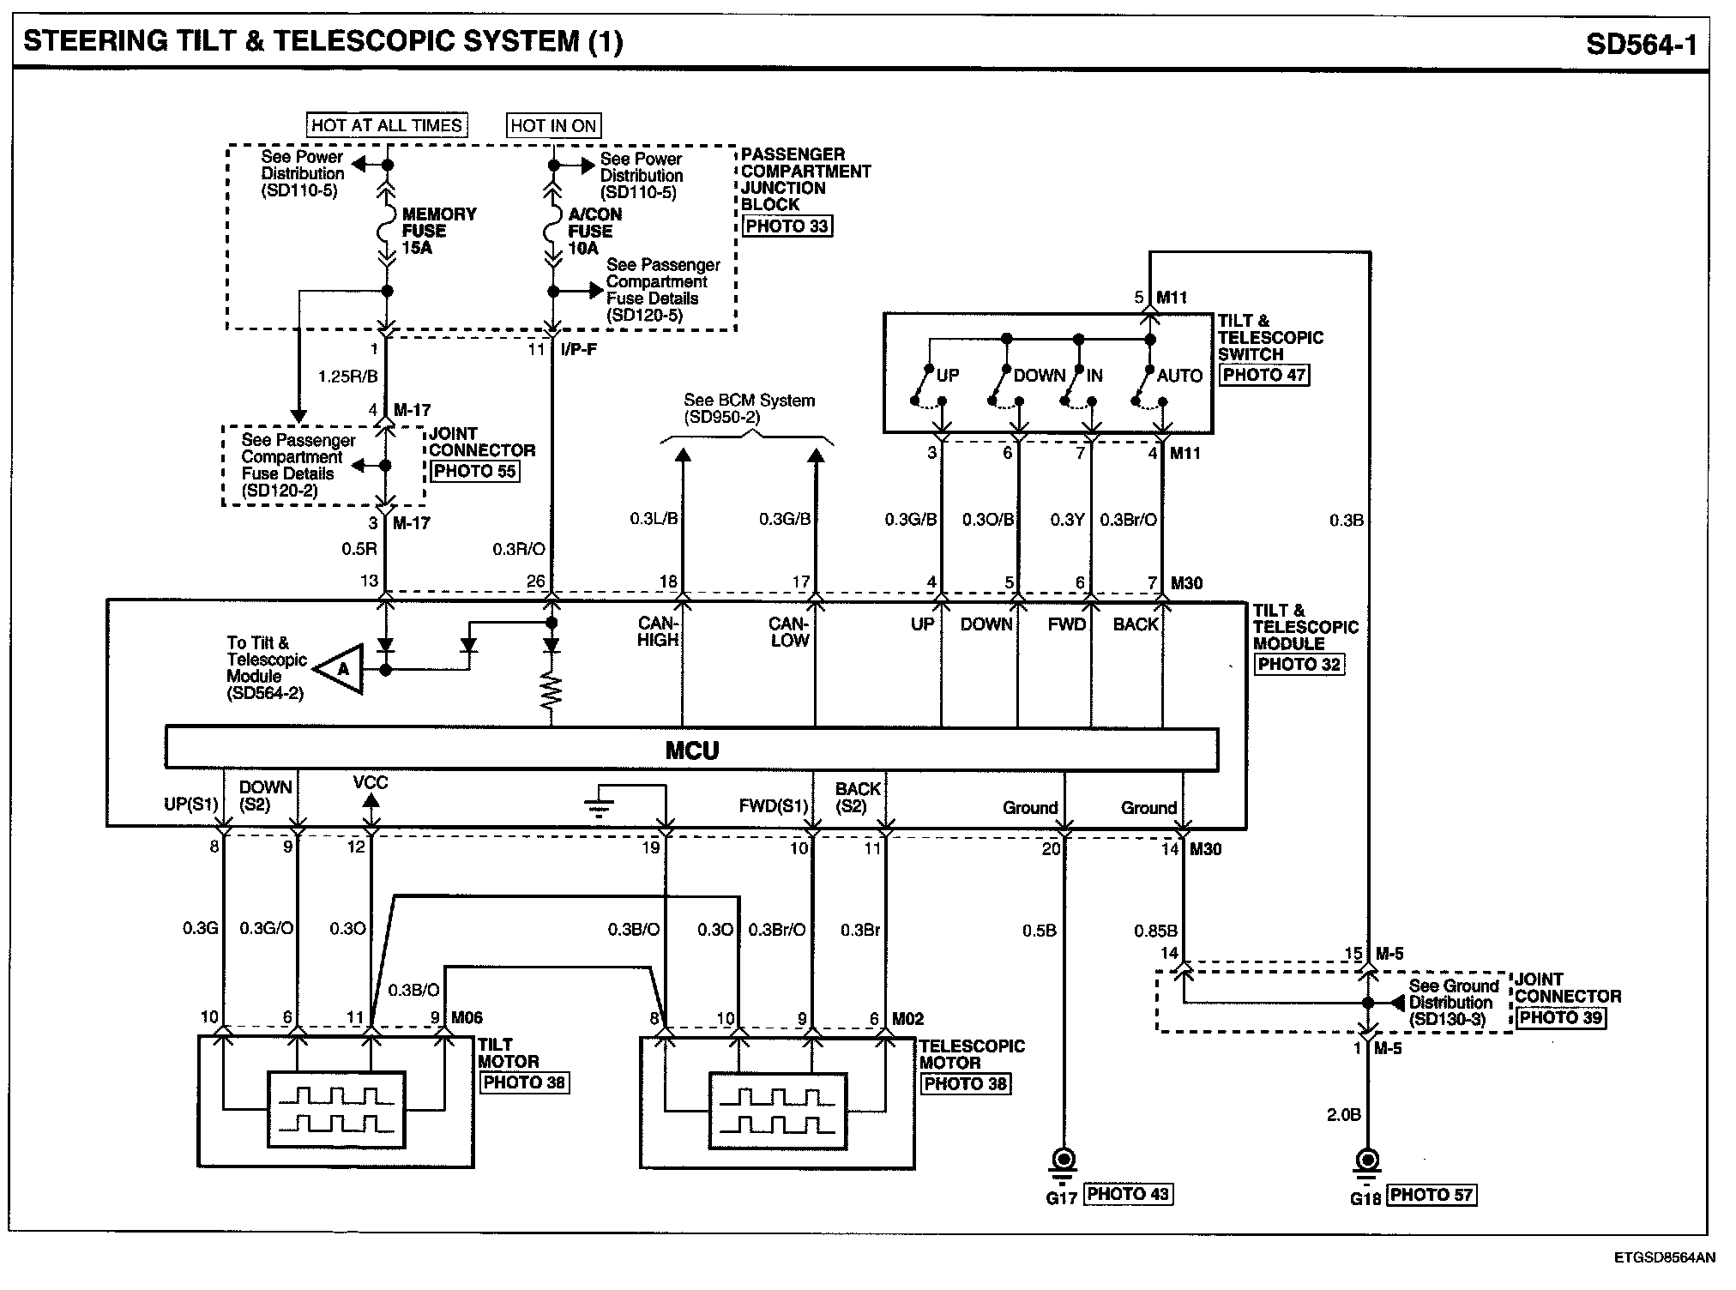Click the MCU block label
[x=691, y=750]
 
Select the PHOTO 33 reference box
[x=787, y=226]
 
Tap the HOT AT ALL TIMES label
[x=386, y=125]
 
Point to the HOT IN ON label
[x=553, y=126]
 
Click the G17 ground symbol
[x=1064, y=1163]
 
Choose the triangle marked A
[x=341, y=668]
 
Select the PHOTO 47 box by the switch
[x=1265, y=375]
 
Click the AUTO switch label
[x=1179, y=376]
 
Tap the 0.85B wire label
[x=1155, y=931]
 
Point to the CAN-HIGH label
[x=658, y=632]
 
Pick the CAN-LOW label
[x=789, y=632]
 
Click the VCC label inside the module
[x=371, y=782]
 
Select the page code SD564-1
[x=1641, y=44]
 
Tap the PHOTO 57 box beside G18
[x=1432, y=1195]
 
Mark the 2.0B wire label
[x=1343, y=1115]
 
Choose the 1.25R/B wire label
[x=347, y=376]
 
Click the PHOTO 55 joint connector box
[x=474, y=471]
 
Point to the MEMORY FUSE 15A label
[x=438, y=231]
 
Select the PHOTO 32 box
[x=1299, y=664]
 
